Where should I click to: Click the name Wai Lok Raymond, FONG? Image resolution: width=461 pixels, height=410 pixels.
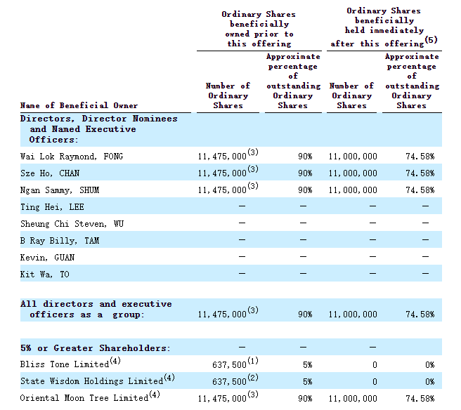tap(72, 157)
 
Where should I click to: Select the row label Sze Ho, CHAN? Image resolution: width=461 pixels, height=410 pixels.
tap(50, 173)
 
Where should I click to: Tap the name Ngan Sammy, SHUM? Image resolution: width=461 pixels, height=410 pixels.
tap(60, 190)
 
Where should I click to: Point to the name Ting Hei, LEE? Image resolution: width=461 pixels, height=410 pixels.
tap(52, 207)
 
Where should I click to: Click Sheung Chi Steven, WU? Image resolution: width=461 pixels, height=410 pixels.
tap(72, 224)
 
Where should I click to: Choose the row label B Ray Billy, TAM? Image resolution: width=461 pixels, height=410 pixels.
tap(60, 241)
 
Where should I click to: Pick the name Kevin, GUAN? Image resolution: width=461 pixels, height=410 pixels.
tap(47, 258)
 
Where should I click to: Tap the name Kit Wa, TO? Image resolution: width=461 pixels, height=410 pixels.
tap(45, 275)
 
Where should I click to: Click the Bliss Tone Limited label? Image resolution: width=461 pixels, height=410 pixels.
tap(65, 364)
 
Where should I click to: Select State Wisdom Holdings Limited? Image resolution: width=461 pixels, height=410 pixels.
tap(91, 381)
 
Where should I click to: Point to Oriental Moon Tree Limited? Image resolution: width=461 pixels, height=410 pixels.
tap(84, 398)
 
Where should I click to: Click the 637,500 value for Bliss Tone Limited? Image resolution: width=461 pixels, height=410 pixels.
tap(229, 365)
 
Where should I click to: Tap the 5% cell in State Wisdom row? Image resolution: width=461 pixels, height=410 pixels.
tap(308, 381)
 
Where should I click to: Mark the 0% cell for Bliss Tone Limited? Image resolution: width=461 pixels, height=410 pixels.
tap(430, 365)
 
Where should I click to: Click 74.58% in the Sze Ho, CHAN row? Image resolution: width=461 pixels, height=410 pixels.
tap(420, 173)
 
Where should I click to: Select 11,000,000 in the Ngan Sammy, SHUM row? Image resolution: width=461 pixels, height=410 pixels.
tap(353, 190)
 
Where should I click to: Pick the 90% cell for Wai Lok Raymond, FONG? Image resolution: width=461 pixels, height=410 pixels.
tap(305, 157)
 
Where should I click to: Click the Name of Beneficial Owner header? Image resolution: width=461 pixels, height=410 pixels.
tap(79, 105)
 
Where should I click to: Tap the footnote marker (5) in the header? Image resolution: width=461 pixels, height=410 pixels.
tap(431, 39)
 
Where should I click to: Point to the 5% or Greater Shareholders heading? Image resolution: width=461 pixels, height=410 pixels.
tap(96, 348)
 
